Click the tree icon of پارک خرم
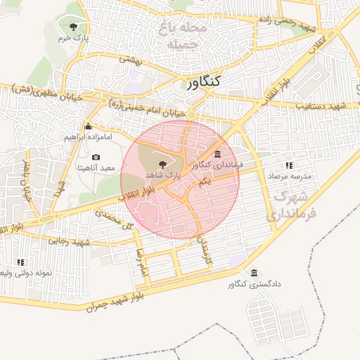(74, 27)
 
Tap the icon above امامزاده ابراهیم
(88, 127)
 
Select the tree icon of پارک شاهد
(163, 163)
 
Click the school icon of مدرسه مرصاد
(289, 165)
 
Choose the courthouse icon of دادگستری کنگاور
(255, 273)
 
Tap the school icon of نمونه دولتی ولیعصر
(20, 262)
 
